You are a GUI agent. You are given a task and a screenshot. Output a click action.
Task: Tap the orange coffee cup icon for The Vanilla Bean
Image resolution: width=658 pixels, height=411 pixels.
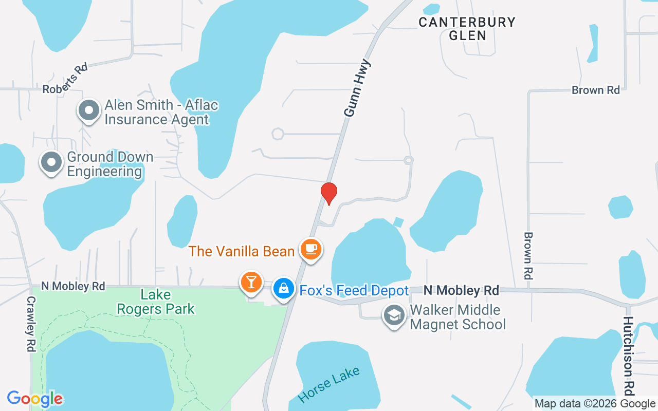tap(310, 249)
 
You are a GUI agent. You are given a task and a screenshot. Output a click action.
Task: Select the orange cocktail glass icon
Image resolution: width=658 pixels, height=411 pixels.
tap(251, 282)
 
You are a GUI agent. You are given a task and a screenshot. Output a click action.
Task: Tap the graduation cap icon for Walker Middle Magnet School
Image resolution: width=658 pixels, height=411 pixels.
tap(394, 316)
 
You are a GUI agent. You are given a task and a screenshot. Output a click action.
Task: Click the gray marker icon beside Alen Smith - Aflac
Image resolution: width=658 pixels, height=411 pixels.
tap(89, 110)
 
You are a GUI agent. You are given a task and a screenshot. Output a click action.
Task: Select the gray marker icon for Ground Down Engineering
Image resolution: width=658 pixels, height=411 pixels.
tap(51, 163)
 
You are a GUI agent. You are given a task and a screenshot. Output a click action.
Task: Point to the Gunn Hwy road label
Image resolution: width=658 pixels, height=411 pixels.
tap(357, 88)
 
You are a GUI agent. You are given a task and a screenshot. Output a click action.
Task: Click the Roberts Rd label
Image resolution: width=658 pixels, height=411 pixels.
tap(65, 78)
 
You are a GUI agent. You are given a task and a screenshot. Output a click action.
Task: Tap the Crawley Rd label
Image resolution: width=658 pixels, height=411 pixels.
tap(31, 324)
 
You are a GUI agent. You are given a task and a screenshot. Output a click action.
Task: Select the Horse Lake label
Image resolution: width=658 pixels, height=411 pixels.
tap(329, 385)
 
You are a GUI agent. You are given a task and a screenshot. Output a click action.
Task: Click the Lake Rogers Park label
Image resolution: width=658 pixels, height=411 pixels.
tap(156, 302)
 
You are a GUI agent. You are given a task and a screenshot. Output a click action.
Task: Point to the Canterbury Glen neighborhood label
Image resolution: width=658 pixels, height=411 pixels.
tap(467, 29)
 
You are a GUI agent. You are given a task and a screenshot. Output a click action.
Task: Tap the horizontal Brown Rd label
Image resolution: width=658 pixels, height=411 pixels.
tap(596, 90)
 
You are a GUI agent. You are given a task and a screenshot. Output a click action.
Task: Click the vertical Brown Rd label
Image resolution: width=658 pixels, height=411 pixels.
tap(528, 255)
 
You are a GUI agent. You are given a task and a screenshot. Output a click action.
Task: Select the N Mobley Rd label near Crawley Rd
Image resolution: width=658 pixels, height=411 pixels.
tap(73, 286)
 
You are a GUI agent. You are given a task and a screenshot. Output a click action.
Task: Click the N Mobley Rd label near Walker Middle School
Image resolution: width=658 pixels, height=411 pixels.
tap(461, 290)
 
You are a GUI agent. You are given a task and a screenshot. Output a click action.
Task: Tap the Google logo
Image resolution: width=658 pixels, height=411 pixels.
tap(35, 399)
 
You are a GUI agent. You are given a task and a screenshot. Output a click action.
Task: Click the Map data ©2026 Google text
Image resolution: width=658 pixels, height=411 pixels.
tap(595, 404)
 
